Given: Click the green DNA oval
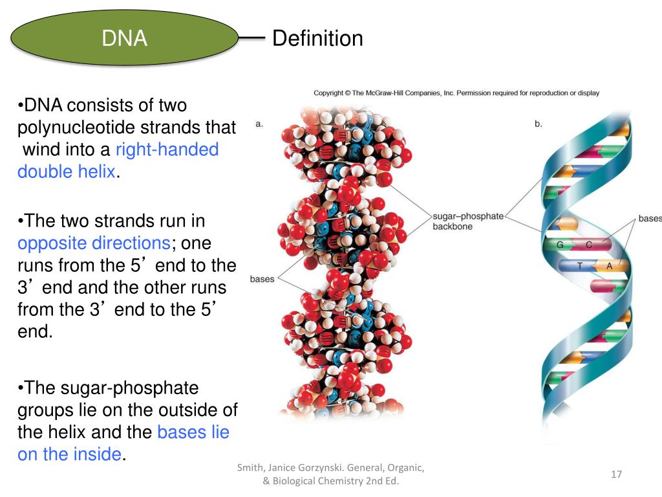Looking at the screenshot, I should click(124, 39).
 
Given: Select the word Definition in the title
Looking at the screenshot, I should click(317, 39).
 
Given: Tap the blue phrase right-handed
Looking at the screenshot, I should click(167, 149).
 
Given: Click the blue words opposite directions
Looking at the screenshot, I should click(93, 243).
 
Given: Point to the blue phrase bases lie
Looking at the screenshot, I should click(193, 432).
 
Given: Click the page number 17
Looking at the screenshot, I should click(616, 474).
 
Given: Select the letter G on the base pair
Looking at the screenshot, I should click(560, 245).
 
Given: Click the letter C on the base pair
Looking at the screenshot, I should click(589, 245).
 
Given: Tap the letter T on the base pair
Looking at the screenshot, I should click(580, 266).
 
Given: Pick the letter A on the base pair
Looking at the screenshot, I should click(609, 266).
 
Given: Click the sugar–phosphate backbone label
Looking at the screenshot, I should click(467, 221).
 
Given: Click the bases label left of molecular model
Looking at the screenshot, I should click(262, 279).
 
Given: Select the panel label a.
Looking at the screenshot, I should click(259, 124).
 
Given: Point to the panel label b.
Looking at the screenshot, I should click(539, 124).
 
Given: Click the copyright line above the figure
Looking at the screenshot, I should click(456, 93).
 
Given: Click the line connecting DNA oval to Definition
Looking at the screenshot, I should click(252, 39).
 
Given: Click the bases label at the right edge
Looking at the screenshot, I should click(650, 218).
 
